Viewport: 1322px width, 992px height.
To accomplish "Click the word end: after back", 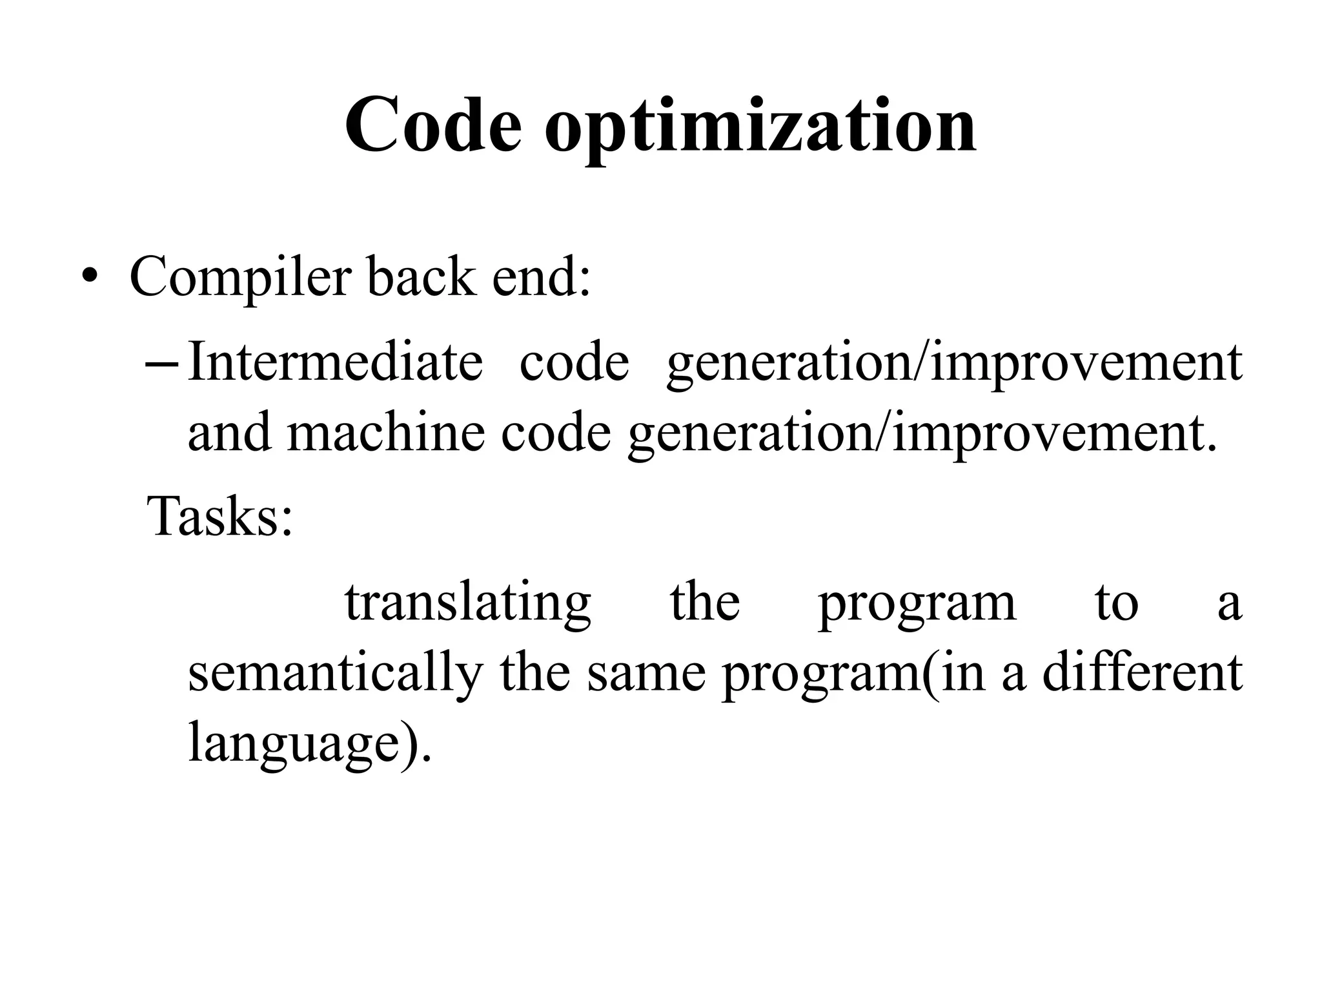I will [x=541, y=276].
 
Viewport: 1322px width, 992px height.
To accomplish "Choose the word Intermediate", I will [x=335, y=362].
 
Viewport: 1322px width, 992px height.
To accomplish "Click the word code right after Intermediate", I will [x=574, y=362].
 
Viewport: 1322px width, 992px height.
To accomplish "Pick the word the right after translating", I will [x=705, y=601].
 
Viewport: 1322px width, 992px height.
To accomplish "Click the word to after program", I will [x=1116, y=603].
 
